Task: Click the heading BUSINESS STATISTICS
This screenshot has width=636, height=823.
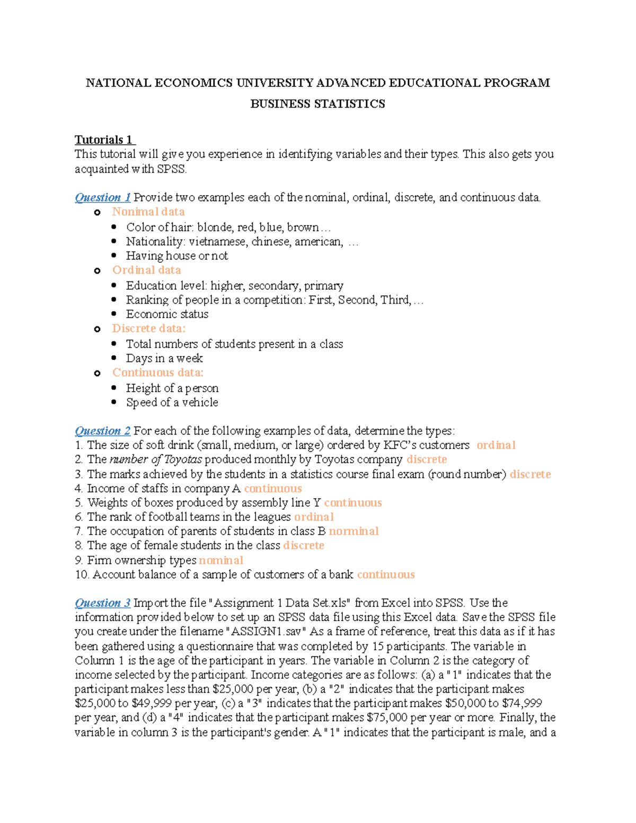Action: coord(317,104)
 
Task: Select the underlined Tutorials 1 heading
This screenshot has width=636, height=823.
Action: coord(104,140)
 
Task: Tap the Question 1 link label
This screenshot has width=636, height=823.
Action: coord(102,198)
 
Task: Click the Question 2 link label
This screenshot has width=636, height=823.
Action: coord(102,431)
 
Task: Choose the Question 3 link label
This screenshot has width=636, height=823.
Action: coord(102,603)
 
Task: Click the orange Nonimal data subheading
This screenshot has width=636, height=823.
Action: coord(148,212)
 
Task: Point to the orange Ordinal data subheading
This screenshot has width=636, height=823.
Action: coord(146,270)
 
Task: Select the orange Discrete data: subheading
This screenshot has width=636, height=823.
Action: coord(149,329)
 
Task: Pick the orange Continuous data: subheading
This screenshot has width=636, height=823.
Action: coord(157,373)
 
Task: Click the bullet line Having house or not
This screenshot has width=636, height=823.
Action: coord(177,256)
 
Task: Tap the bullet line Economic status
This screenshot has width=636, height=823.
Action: coord(167,314)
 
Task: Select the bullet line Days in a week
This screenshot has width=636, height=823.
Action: coord(164,358)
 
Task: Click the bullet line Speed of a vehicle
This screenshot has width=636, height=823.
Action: coord(172,402)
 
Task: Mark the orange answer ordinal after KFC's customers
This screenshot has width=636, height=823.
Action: coord(496,445)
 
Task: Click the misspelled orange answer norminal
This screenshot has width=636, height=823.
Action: coord(354,531)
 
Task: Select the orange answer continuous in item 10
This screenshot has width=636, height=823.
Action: coord(386,574)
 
